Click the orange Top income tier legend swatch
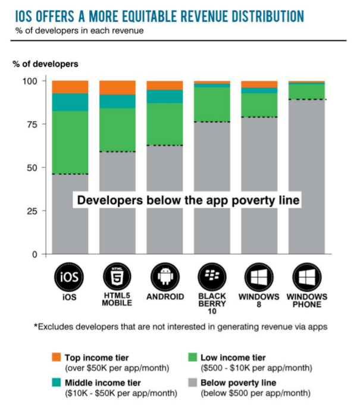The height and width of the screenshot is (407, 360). click(56, 358)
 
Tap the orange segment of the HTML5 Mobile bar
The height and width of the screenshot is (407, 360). click(117, 87)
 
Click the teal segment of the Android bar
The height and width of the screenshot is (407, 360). click(165, 96)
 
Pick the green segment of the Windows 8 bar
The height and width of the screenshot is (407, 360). click(259, 104)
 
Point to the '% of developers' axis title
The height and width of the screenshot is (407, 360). click(46, 64)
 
